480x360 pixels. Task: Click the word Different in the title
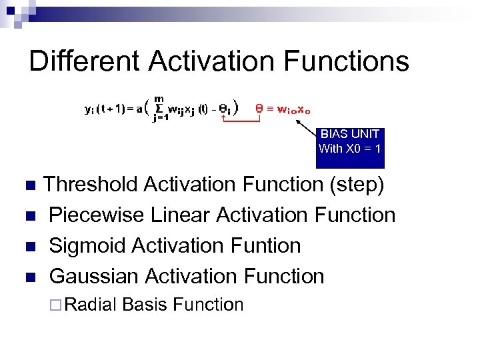coord(85,61)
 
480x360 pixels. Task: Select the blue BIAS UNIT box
coord(350,147)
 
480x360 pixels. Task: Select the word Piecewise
coord(97,215)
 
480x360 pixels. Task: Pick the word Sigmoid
coord(88,245)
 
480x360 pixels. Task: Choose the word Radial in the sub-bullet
coord(93,305)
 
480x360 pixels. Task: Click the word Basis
coord(145,305)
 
